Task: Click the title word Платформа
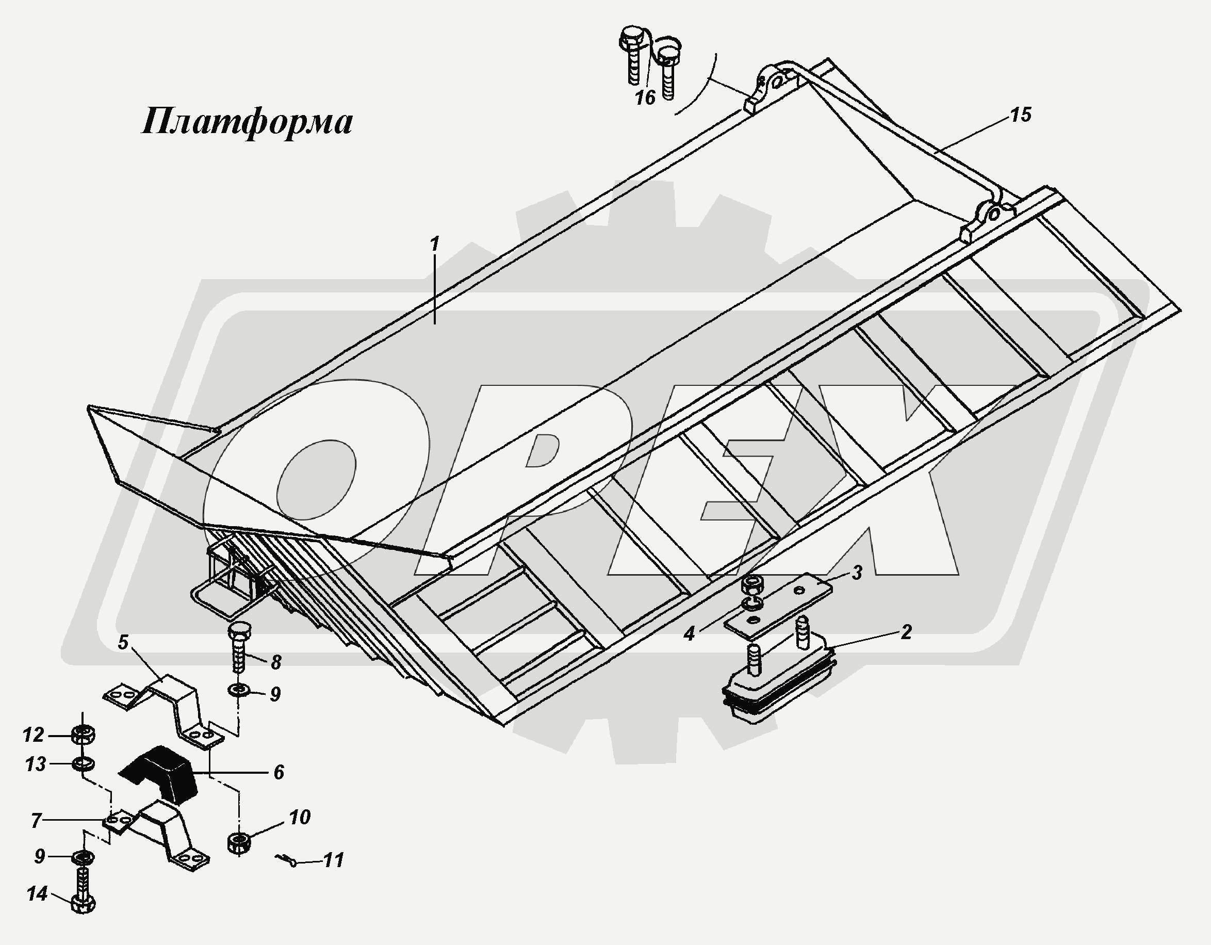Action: (x=247, y=122)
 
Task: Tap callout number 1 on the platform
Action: (x=434, y=245)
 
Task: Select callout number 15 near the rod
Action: (x=1020, y=116)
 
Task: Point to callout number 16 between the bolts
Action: (x=645, y=98)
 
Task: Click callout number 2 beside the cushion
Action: (x=906, y=632)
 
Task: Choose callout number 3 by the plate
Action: (x=857, y=573)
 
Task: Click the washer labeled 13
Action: (x=83, y=765)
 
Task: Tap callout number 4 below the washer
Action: (x=689, y=633)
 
